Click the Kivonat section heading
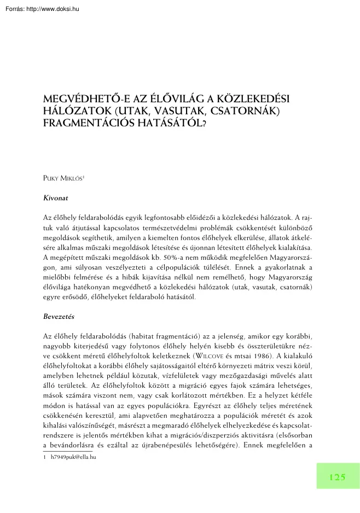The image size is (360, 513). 55,194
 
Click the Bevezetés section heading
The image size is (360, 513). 59,317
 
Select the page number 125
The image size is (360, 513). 337,477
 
